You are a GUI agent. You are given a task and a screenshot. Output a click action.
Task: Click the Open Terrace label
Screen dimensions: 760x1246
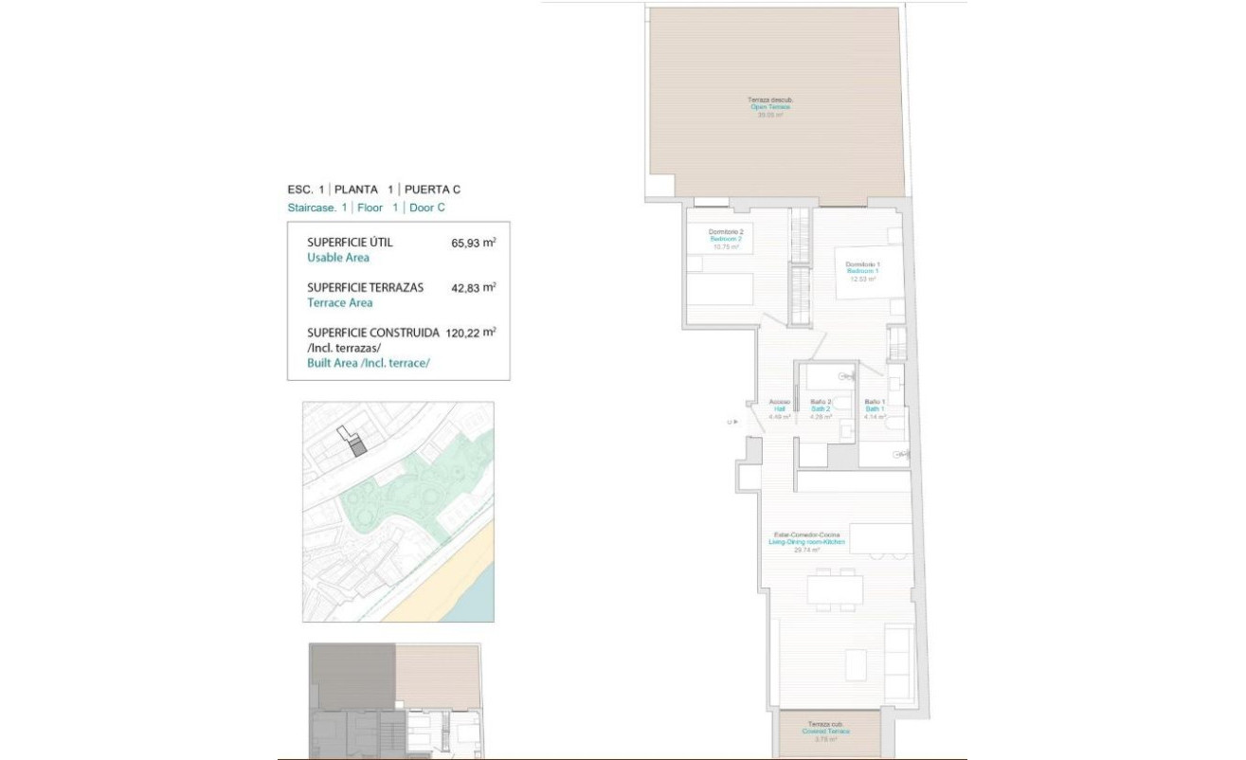(770, 107)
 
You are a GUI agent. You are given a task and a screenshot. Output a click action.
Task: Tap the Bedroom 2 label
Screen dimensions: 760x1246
(726, 240)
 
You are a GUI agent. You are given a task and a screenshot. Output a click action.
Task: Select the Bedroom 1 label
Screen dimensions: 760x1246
(862, 271)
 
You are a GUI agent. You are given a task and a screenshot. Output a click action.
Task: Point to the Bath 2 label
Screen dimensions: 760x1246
(820, 409)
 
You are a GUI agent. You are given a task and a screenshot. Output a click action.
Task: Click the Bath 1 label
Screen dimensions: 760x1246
(875, 409)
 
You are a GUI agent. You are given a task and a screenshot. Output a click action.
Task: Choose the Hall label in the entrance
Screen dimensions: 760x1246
(779, 409)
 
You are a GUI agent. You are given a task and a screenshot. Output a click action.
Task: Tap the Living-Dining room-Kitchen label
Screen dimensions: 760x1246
(806, 542)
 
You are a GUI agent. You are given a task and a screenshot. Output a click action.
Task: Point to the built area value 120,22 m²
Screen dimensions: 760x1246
(471, 333)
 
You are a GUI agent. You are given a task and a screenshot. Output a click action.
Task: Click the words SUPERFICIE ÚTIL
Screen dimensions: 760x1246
(350, 243)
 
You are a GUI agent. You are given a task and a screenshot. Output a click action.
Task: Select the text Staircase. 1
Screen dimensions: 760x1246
(316, 208)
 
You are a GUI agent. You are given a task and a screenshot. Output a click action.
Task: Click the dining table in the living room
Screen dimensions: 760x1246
(835, 589)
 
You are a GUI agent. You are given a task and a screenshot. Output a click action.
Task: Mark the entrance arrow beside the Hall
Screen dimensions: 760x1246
(732, 423)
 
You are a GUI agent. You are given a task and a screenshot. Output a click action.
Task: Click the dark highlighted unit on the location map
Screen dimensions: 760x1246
(356, 447)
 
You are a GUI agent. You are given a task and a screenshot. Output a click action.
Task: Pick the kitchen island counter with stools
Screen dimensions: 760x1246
(880, 537)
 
